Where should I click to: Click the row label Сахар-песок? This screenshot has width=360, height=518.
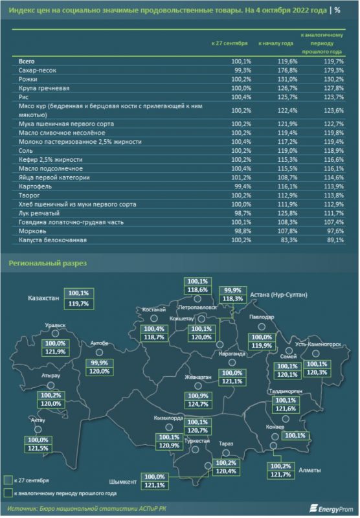[38, 71]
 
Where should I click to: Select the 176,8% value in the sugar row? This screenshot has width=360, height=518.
[287, 71]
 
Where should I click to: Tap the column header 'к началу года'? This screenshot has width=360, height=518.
[276, 43]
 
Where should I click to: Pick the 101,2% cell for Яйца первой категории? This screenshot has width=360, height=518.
[241, 177]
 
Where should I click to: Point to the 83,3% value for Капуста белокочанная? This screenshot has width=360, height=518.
[289, 240]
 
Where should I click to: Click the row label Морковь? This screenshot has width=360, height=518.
[32, 231]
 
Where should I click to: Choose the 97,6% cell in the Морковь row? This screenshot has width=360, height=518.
[335, 231]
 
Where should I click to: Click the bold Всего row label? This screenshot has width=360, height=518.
[27, 62]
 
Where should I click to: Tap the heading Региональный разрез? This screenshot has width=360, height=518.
[47, 264]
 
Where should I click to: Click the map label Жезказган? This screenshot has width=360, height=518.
[198, 377]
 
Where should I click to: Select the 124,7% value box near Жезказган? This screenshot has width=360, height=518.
[198, 404]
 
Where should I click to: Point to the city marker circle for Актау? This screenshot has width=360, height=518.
[38, 429]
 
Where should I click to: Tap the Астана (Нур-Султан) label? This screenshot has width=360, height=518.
[278, 295]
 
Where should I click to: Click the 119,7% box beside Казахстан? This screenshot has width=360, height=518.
[78, 304]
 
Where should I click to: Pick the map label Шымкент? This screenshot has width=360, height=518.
[122, 482]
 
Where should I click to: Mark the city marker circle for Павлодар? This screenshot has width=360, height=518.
[262, 327]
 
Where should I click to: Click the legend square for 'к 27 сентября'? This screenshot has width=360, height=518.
[8, 480]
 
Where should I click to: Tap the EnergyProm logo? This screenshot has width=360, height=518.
[332, 509]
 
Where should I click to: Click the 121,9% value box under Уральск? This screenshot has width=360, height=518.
[55, 352]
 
